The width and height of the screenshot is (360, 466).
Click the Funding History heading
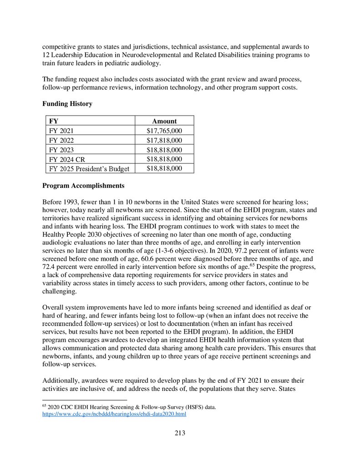(67, 104)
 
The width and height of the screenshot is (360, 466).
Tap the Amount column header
(164, 121)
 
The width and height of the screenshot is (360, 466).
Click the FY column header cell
(54, 121)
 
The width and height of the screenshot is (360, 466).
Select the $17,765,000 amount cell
(164, 131)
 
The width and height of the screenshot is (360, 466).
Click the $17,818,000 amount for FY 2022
(164, 140)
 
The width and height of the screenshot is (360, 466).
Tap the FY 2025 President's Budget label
(89, 169)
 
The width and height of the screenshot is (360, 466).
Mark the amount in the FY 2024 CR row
(164, 159)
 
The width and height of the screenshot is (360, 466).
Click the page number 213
(180, 433)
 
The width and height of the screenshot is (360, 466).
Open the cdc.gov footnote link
(114, 415)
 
